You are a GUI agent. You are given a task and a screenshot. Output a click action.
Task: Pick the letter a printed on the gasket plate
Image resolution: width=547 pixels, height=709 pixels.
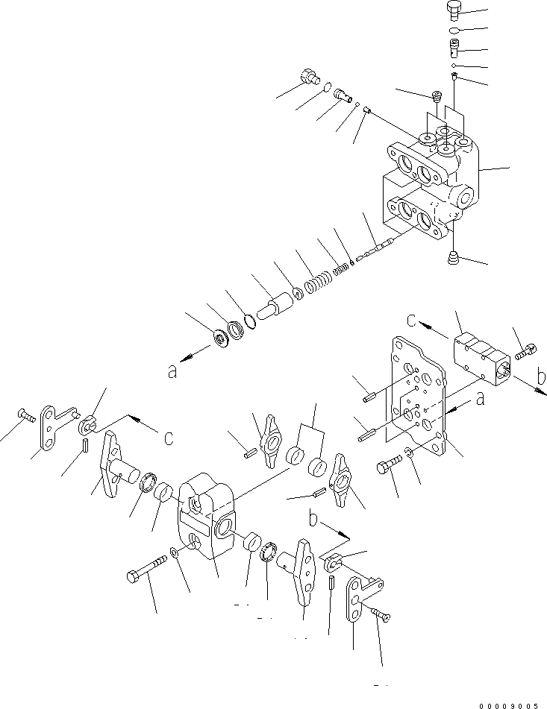(x=481, y=399)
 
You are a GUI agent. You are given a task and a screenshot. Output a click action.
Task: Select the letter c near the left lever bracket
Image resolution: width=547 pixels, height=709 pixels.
(x=169, y=438)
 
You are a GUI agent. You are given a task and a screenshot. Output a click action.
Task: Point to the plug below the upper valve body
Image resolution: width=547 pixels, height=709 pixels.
(x=453, y=256)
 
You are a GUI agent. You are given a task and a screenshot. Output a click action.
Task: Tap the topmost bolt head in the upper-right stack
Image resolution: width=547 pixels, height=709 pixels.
(x=454, y=10)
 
